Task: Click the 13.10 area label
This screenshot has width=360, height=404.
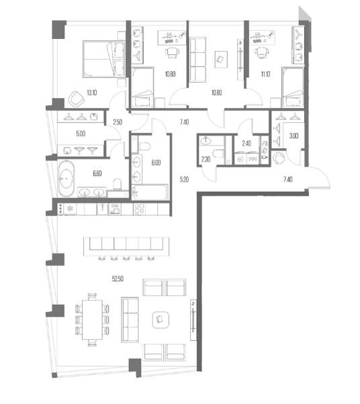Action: [x=92, y=93]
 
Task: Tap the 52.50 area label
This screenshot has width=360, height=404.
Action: [x=118, y=279]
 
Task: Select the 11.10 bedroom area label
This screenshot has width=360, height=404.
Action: [x=265, y=74]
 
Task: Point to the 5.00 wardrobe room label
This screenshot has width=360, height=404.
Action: [x=81, y=134]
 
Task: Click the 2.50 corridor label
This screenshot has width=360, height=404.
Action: [x=118, y=122]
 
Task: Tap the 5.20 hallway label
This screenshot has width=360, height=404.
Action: [x=184, y=179]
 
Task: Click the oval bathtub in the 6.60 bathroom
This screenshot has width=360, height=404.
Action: [x=66, y=179]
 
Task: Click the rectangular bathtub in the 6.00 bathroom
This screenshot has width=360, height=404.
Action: [x=150, y=192]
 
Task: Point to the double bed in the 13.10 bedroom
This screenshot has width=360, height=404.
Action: [x=103, y=59]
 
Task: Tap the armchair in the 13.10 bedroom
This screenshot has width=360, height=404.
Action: [x=77, y=99]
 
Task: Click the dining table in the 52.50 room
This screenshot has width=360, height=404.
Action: [x=92, y=319]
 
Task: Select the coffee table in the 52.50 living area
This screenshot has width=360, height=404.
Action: [x=161, y=319]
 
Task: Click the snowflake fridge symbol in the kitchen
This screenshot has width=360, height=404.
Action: [x=70, y=209]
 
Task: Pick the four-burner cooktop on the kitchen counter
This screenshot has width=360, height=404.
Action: [x=139, y=209]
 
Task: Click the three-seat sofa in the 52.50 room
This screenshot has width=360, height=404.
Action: [x=130, y=320]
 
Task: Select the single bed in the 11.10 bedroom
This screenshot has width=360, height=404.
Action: [x=293, y=87]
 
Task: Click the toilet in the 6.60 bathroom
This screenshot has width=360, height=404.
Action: [x=117, y=184]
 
